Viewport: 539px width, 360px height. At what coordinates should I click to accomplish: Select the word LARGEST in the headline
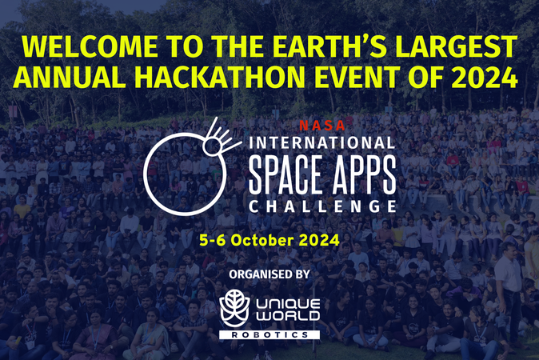click(456, 46)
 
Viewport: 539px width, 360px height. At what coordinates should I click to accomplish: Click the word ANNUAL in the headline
click(70, 77)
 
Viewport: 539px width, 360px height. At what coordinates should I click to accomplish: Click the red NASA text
click(322, 126)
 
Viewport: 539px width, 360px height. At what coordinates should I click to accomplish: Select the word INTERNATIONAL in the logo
click(322, 143)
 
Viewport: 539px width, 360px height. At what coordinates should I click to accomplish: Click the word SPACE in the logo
click(285, 174)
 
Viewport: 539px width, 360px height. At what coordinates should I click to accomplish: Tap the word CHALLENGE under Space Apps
click(322, 206)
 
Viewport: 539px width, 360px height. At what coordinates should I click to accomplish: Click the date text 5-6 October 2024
click(269, 240)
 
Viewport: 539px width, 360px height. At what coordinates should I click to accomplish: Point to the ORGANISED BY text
click(269, 274)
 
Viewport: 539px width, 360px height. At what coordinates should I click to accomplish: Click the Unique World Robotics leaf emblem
click(235, 308)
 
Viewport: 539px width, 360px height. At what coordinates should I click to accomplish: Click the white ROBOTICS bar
click(269, 335)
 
